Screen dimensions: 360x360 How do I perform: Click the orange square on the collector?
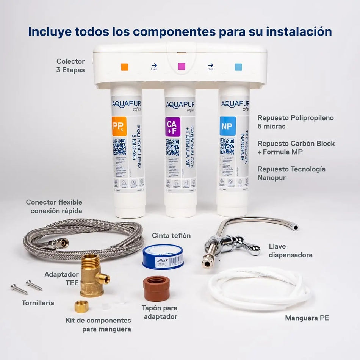pyautogui.click(x=124, y=67)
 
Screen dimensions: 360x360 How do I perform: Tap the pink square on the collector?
pyautogui.click(x=182, y=67)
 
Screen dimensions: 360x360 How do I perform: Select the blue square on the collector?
pyautogui.click(x=238, y=67)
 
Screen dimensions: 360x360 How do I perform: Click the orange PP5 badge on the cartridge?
pyautogui.click(x=119, y=126)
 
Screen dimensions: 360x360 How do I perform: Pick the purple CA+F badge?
pyautogui.click(x=173, y=127)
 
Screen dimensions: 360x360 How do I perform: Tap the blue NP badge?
pyautogui.click(x=228, y=126)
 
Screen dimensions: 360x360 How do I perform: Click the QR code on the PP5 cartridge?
pyautogui.click(x=119, y=147)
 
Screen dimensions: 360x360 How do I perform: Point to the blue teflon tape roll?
pyautogui.click(x=163, y=256)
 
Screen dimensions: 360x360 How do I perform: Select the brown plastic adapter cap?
pyautogui.click(x=157, y=288)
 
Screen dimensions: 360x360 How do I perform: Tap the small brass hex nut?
pyautogui.click(x=81, y=306)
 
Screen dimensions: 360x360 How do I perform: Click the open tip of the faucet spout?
pyautogui.click(x=295, y=227)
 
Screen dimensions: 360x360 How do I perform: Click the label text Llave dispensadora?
pyautogui.click(x=291, y=251)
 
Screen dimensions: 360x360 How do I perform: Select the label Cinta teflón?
pyautogui.click(x=171, y=236)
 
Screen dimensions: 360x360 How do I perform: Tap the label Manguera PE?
pyautogui.click(x=307, y=318)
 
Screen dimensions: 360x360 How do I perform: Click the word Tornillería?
pyautogui.click(x=38, y=303)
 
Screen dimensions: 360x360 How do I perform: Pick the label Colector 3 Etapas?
pyautogui.click(x=70, y=66)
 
